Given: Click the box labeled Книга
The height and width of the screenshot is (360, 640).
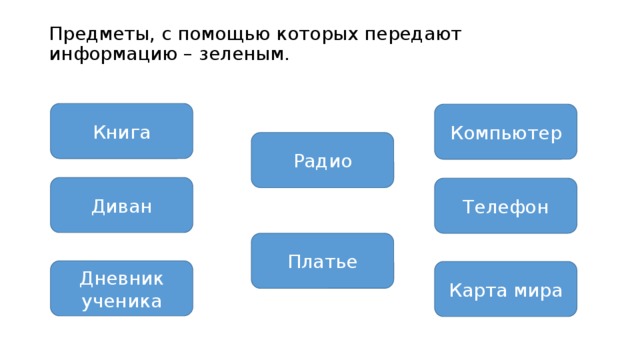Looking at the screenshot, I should tap(121, 131).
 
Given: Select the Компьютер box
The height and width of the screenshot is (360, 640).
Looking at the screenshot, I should tap(505, 132).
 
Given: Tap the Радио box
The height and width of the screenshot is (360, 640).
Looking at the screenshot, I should tap(322, 160).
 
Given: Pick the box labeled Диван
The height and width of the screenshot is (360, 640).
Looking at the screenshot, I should tap(121, 205).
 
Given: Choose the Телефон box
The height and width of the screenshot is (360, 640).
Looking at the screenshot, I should tap(505, 206).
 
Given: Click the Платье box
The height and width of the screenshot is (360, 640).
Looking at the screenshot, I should tap(322, 261).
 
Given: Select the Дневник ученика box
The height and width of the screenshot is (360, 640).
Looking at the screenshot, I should tap(121, 288).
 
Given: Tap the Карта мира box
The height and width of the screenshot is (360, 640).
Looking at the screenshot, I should tap(505, 290).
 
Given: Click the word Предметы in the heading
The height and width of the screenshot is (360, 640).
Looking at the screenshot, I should tap(93, 34).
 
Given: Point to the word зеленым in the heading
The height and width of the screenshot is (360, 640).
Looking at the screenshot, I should tap(249, 53).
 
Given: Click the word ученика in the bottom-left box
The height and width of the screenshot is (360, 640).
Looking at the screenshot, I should tap(121, 300).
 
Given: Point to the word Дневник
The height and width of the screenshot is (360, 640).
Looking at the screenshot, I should tap(121, 278).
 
